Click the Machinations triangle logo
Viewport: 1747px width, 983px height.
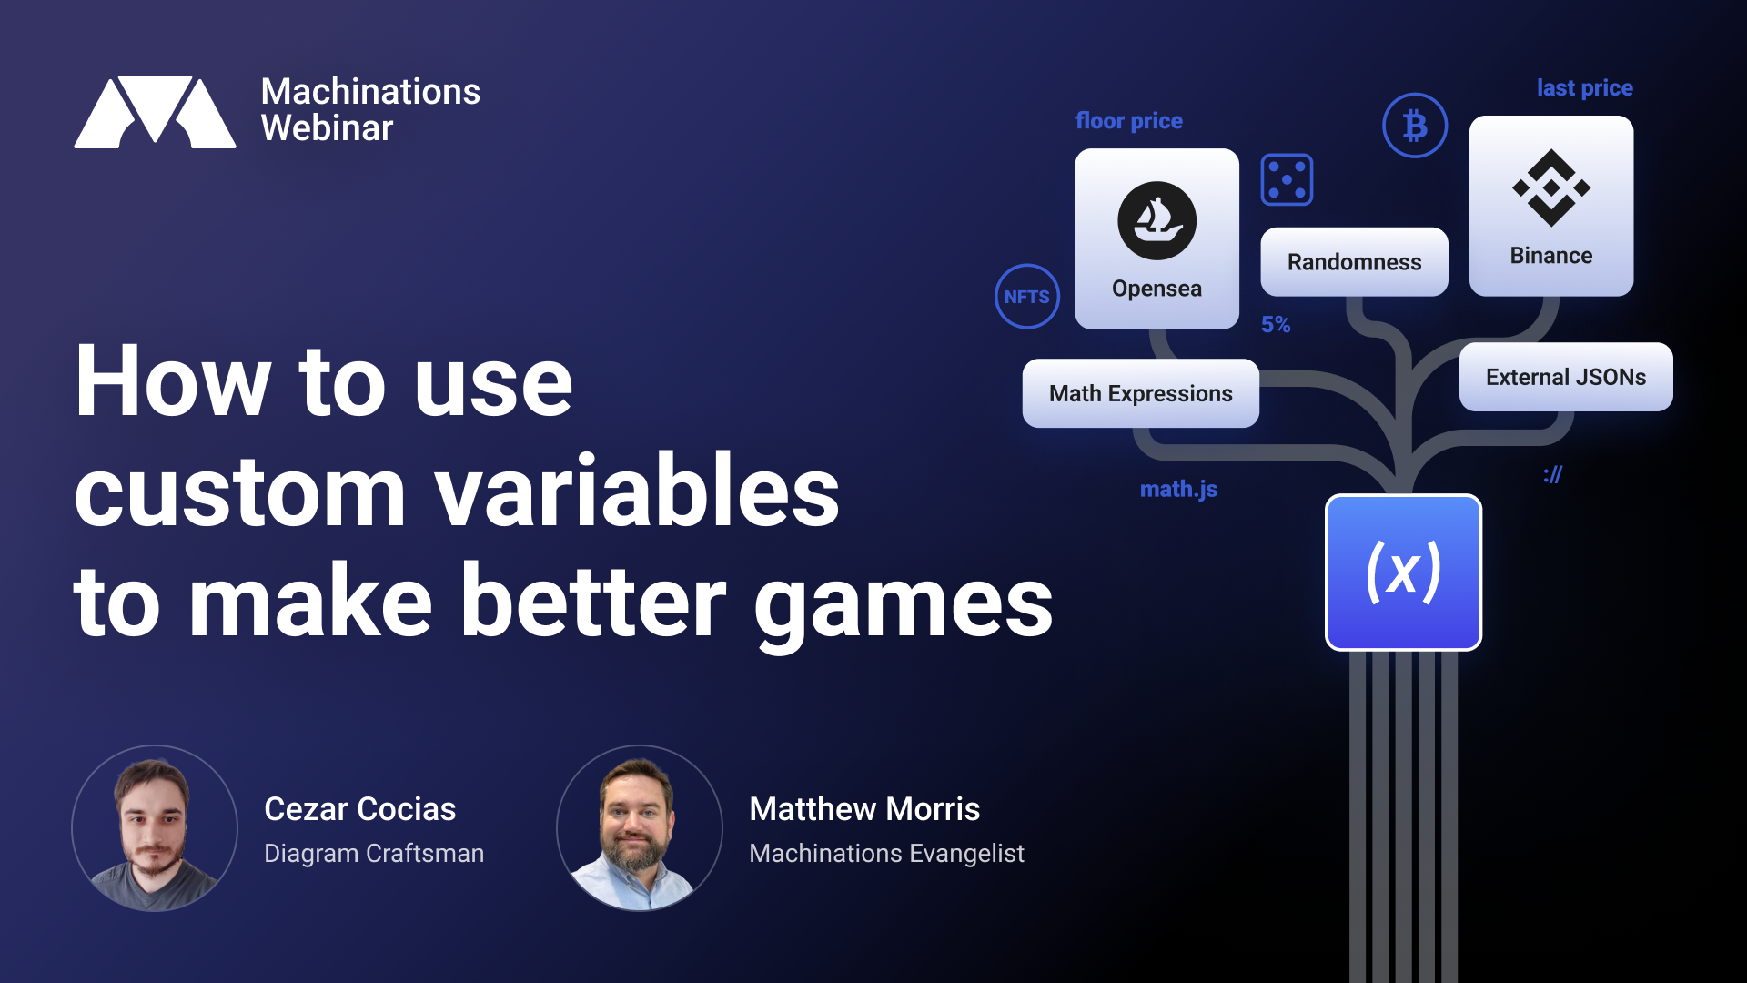[x=155, y=111]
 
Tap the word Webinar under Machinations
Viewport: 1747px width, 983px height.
[x=327, y=128]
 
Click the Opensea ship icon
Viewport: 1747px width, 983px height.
[x=1156, y=220]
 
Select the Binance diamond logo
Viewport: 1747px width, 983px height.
[x=1551, y=187]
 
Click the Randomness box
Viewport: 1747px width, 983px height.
[x=1354, y=262]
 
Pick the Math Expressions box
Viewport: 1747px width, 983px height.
[x=1141, y=393]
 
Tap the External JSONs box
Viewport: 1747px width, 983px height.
[x=1566, y=377]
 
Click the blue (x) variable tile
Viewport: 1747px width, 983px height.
[x=1403, y=573]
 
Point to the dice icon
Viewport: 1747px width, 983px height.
[x=1287, y=179]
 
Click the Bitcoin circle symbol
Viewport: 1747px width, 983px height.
[x=1415, y=126]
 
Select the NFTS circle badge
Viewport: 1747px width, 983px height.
[x=1027, y=297]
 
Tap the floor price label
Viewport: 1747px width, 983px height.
[x=1129, y=121]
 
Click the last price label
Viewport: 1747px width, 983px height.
[x=1585, y=88]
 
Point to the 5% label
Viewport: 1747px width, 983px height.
[x=1276, y=325]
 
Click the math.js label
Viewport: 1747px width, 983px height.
[x=1178, y=490]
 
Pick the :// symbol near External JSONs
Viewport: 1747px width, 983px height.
[x=1553, y=474]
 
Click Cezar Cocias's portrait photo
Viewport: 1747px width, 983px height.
[x=155, y=828]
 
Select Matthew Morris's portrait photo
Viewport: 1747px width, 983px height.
[x=640, y=828]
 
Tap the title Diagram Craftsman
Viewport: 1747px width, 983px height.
[x=374, y=854]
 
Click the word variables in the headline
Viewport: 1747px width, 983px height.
[x=637, y=491]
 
